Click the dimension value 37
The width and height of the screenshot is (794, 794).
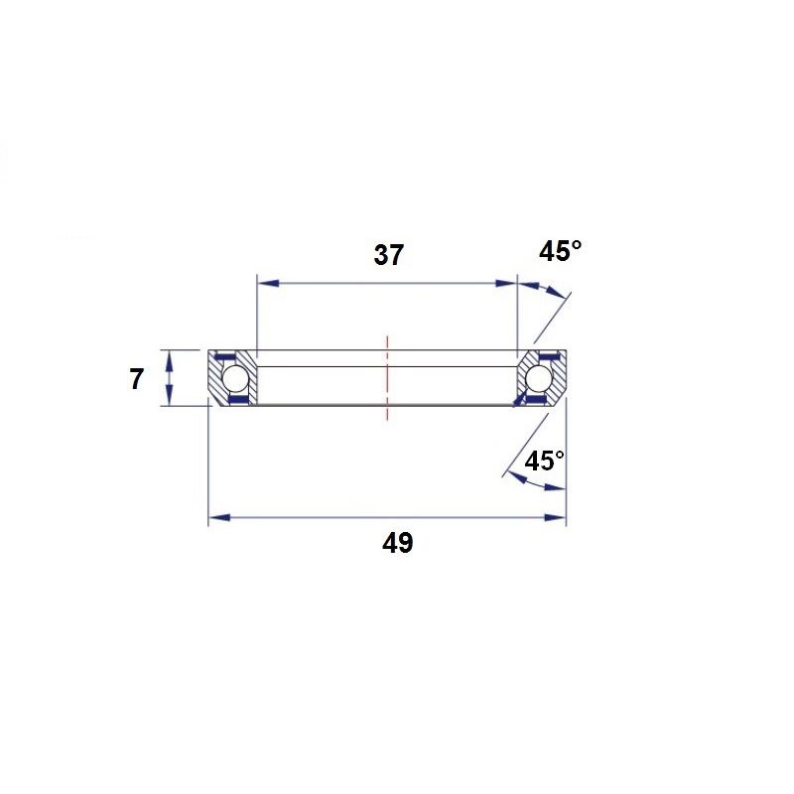[x=388, y=255]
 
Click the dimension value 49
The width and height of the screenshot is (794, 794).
[x=398, y=543]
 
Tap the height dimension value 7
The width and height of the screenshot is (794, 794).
[x=136, y=379]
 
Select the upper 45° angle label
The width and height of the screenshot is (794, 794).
[x=560, y=251]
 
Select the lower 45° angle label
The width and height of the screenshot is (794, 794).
[x=544, y=461]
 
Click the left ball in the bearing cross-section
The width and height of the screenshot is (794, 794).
[x=235, y=378]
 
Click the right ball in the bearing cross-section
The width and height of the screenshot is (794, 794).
[x=538, y=378]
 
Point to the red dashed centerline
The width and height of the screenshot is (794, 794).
[x=387, y=378]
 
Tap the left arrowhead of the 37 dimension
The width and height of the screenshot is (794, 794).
[x=268, y=283]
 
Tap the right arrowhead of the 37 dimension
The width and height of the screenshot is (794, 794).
[x=506, y=283]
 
